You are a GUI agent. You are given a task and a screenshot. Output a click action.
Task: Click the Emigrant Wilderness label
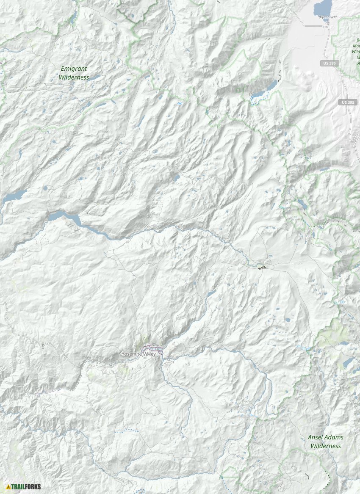(74, 73)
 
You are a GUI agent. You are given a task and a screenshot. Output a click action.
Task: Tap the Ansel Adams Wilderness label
(325, 442)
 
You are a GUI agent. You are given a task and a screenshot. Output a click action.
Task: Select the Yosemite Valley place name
(138, 354)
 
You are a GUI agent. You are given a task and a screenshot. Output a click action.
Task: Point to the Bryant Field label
(327, 17)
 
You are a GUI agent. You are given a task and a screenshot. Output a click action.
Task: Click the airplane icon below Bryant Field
(327, 24)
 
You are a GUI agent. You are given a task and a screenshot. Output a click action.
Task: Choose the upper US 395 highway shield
(329, 63)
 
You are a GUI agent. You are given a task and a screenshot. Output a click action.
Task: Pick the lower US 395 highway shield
(348, 102)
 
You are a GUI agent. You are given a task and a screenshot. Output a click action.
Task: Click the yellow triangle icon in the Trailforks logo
(8, 487)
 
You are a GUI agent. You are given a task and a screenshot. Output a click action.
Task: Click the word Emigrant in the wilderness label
(74, 68)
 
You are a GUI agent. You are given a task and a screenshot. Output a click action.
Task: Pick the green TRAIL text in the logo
(18, 487)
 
